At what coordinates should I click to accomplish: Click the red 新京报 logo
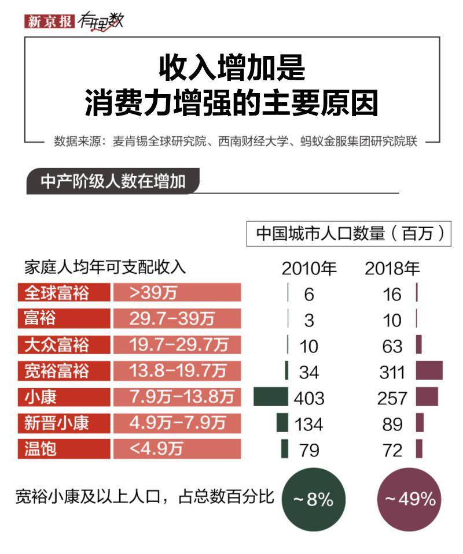(x=49, y=21)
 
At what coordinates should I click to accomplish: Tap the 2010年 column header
(x=308, y=269)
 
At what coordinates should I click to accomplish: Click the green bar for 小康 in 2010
(x=270, y=397)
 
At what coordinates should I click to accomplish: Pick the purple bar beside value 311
(x=429, y=370)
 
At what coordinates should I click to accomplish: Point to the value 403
(x=309, y=398)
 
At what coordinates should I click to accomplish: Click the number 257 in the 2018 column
(x=393, y=398)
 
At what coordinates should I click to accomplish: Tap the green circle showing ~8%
(x=313, y=499)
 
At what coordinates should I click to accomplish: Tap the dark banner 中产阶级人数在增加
(x=113, y=181)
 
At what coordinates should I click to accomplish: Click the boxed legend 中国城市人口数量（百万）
(x=349, y=233)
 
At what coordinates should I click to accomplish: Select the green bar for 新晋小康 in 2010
(x=282, y=423)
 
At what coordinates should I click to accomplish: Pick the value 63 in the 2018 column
(x=392, y=345)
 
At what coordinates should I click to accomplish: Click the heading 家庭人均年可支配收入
(x=105, y=267)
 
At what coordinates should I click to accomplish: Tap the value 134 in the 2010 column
(x=308, y=424)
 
